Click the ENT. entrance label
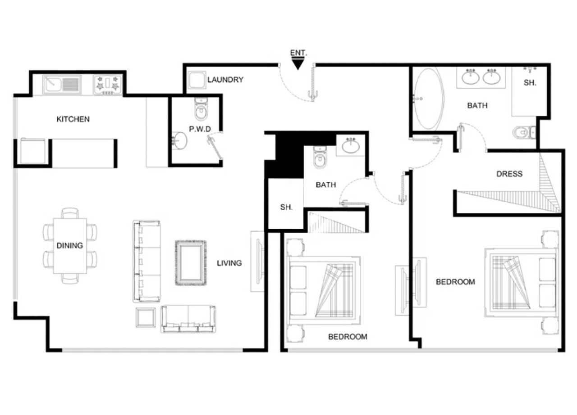pos(298,53)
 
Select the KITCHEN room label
pos(73,119)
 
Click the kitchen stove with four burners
pos(108,85)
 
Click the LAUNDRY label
pos(225,80)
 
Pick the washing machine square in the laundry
pos(197,80)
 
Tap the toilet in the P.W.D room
pos(201,109)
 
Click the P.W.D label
pos(200,129)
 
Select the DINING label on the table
pos(69,246)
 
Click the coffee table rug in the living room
pos(191,263)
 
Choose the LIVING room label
pos(229,263)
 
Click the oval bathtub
pos(429,99)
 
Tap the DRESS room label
pos(509,174)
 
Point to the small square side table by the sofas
pos(146,317)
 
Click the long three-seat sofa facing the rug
pos(147,261)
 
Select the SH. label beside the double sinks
pos(530,83)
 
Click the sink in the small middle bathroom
pos(351,146)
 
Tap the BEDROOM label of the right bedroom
pos(455,282)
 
